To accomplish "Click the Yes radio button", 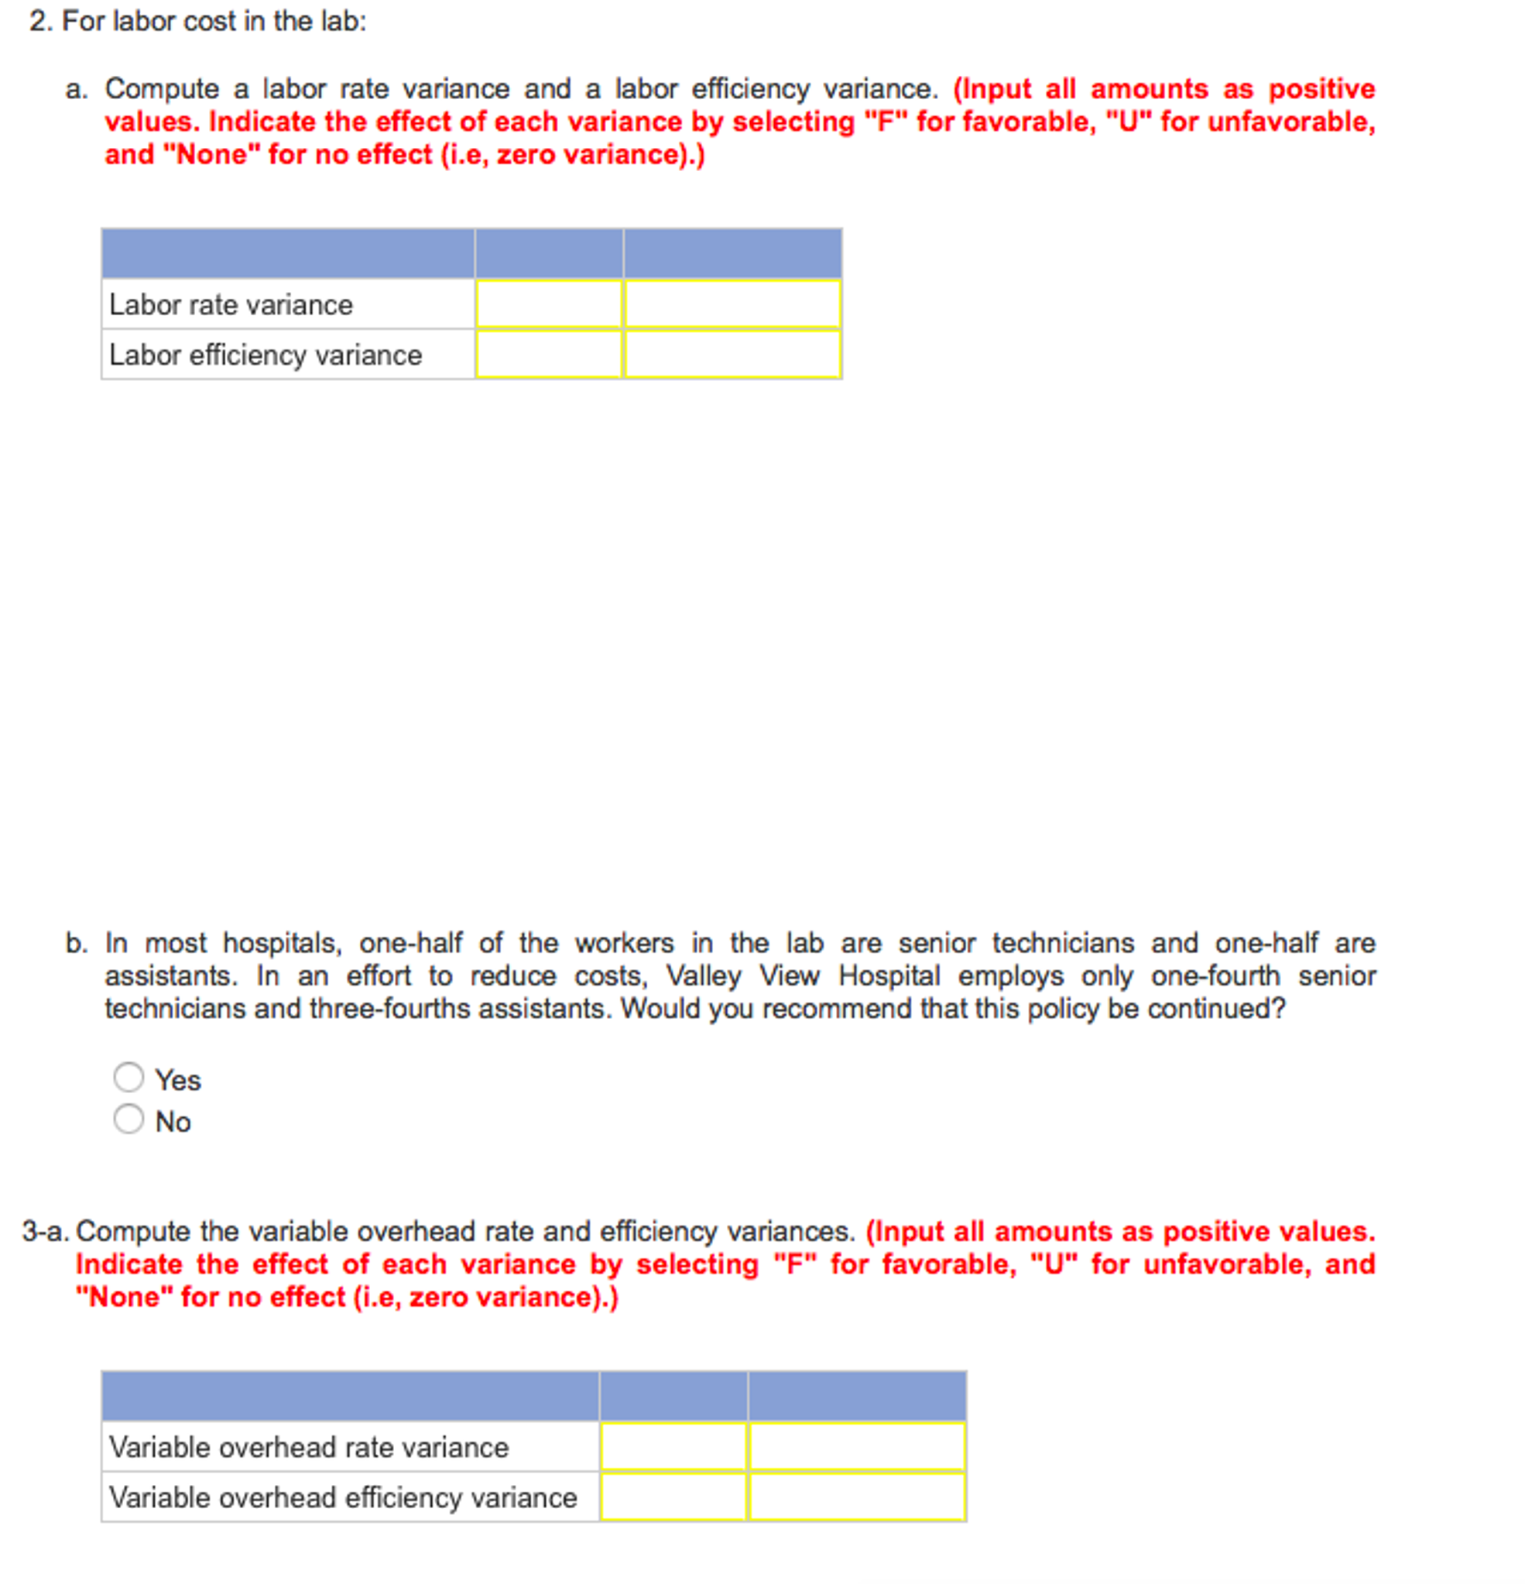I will coord(129,1076).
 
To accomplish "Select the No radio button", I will coord(129,1119).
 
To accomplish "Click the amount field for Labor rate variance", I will coord(549,303).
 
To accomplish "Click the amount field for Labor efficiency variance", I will coord(549,354).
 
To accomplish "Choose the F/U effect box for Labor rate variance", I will coord(732,303).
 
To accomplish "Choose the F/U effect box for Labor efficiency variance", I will coord(732,354).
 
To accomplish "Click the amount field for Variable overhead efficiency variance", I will coord(673,1496).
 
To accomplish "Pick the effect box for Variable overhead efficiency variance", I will coord(857,1496).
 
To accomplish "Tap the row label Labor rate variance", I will coord(231,305).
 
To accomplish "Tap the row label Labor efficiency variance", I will coord(265,355).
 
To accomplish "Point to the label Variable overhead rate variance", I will coord(309,1447).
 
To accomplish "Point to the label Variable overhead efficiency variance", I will coord(343,1497).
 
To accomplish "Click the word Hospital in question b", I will coord(889,975).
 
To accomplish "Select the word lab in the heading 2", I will coord(338,21).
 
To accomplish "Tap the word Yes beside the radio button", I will coord(178,1080).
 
